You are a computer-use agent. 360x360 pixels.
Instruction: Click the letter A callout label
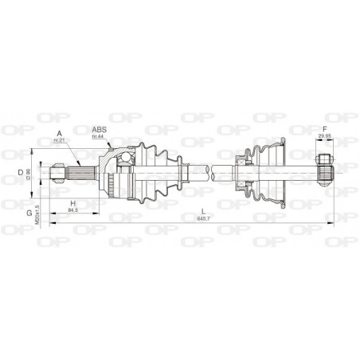pyautogui.click(x=58, y=133)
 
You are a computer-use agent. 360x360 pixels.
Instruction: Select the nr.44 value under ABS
pyautogui.click(x=97, y=137)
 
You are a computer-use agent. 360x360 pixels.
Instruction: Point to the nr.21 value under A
pyautogui.click(x=57, y=141)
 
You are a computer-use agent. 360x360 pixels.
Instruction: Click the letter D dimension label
pyautogui.click(x=21, y=170)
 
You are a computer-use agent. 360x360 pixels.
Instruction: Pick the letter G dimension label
pyautogui.click(x=29, y=213)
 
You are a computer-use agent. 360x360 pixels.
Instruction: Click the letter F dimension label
pyautogui.click(x=323, y=129)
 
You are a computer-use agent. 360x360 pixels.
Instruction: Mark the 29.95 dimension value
pyautogui.click(x=323, y=137)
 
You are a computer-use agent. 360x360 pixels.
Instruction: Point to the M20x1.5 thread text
pyautogui.click(x=37, y=212)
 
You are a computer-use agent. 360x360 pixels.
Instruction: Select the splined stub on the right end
pyautogui.click(x=323, y=169)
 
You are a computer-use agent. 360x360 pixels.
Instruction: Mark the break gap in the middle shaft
pyautogui.click(x=210, y=169)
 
